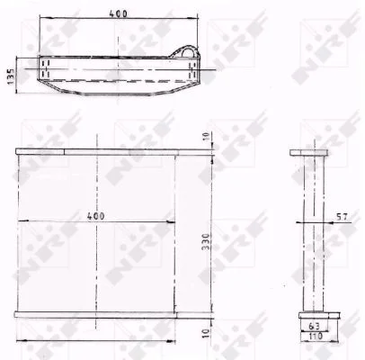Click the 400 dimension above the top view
point(118,13)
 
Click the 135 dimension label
point(11,76)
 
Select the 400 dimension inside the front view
point(96,216)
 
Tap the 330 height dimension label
point(206,242)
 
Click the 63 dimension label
point(314,326)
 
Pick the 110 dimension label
point(315,336)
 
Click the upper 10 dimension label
point(206,137)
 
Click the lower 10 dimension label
point(206,333)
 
